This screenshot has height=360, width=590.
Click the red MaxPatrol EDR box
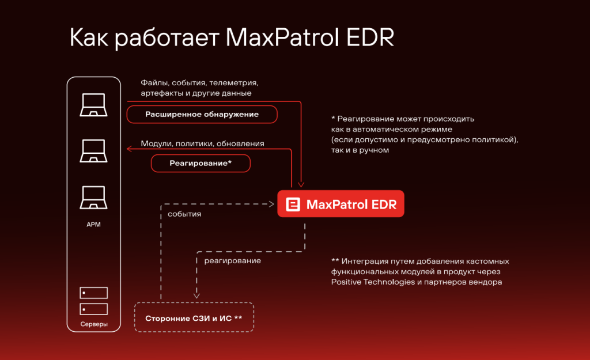pos(341,204)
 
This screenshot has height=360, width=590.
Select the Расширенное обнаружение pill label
pos(202,114)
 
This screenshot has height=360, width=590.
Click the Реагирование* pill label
pos(201,163)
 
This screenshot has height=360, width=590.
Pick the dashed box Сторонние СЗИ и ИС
pos(194,318)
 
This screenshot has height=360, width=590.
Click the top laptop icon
pos(93,105)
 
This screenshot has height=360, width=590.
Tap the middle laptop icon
pos(93,151)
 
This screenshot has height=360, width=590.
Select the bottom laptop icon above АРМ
pos(93,198)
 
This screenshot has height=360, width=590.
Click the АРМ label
pos(93,225)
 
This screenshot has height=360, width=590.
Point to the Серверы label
pos(93,325)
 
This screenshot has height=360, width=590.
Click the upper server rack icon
pos(93,293)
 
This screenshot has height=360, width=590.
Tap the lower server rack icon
pos(93,309)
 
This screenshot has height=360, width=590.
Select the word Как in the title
pos(89,38)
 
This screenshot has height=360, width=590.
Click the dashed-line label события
pos(184,214)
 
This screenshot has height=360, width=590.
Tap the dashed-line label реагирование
pos(232,260)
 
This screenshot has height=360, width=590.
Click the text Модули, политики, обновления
pos(202,143)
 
